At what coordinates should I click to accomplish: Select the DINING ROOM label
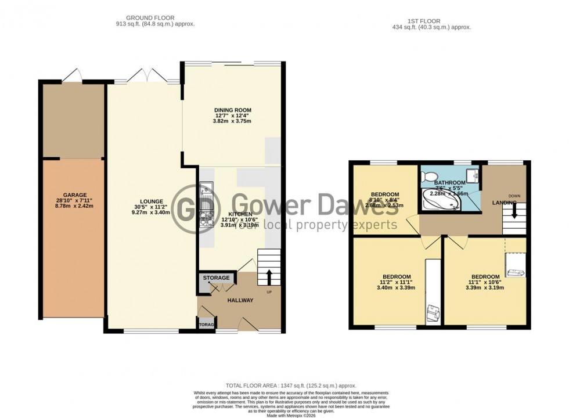click(232, 110)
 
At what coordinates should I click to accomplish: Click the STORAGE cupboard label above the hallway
click(216, 278)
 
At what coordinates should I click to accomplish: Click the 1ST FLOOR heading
click(431, 18)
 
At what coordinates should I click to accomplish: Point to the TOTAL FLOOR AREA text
click(290, 385)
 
